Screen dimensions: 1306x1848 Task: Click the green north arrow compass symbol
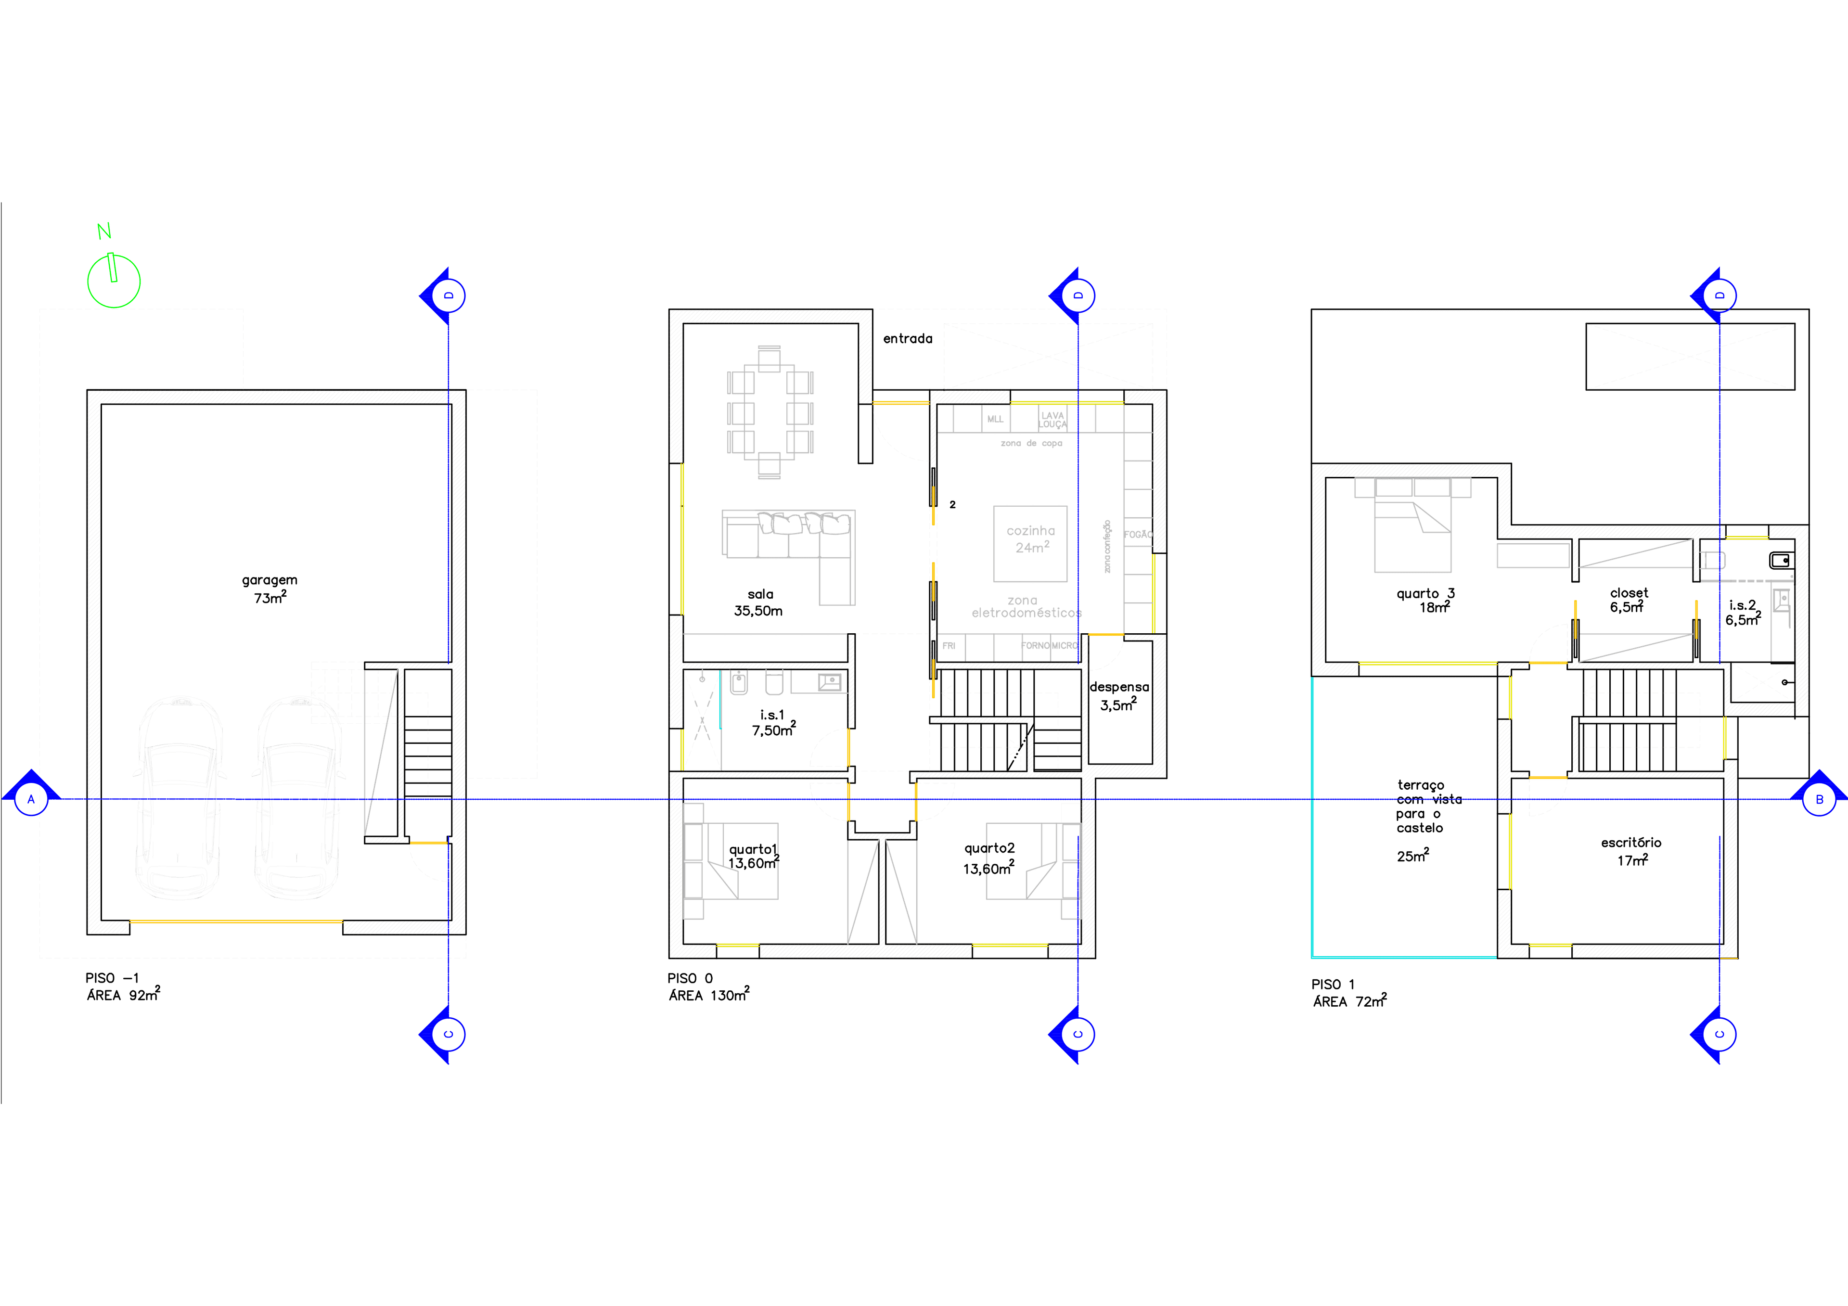[114, 279]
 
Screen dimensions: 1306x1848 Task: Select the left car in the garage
[178, 798]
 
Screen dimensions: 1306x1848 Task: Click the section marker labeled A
[31, 799]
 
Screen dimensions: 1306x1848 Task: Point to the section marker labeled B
[1818, 799]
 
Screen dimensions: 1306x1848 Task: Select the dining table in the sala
[770, 412]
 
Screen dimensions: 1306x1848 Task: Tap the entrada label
[907, 339]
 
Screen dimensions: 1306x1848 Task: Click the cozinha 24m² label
[1030, 539]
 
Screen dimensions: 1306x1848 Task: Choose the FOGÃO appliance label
[1137, 534]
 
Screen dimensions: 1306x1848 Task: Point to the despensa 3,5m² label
[1119, 696]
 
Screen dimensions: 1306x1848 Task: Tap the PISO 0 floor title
[690, 978]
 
